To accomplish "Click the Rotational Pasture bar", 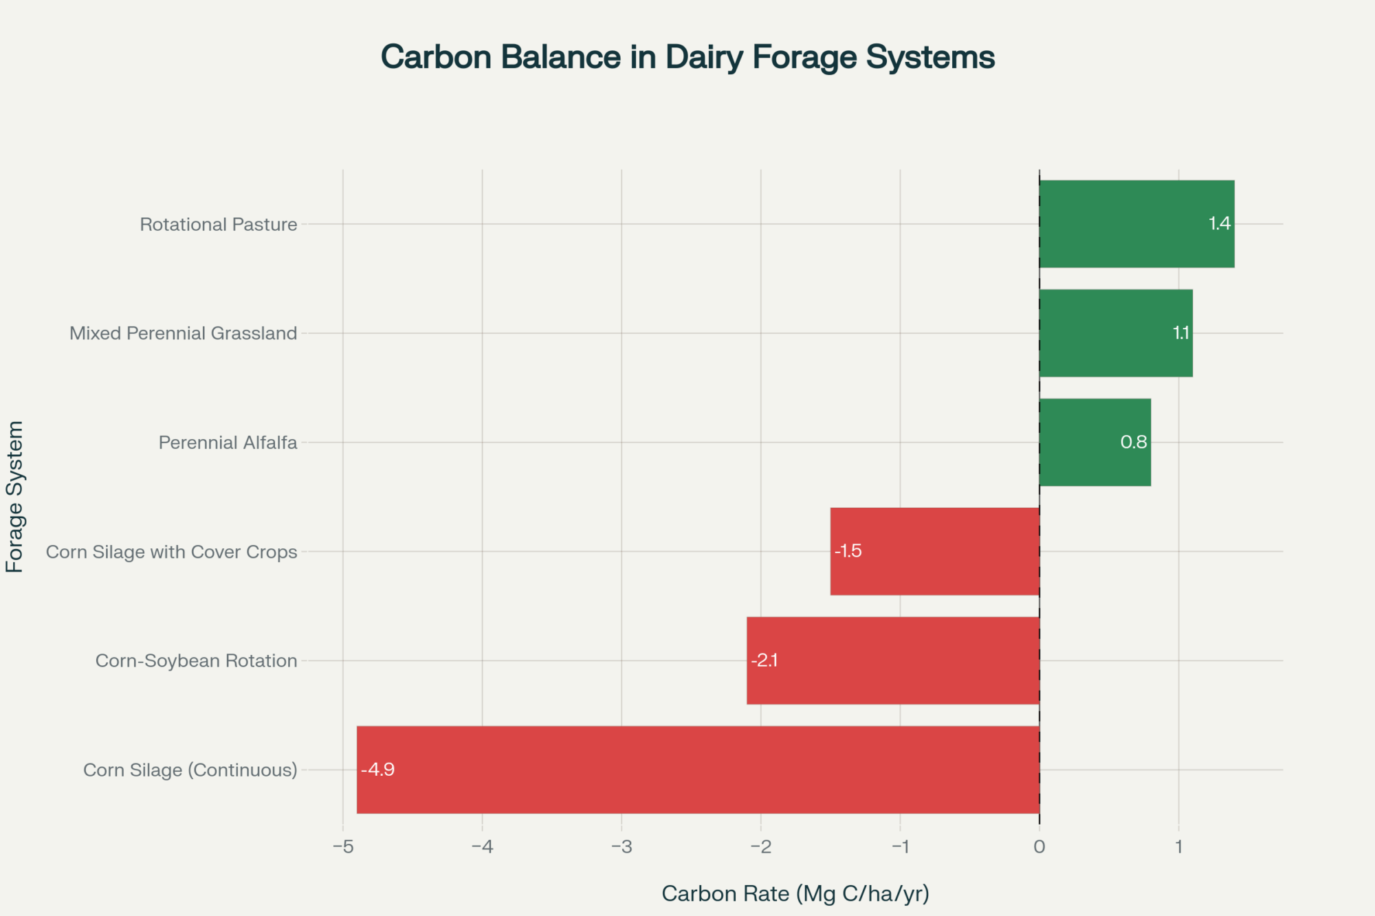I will (x=1136, y=224).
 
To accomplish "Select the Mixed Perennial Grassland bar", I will (x=1115, y=333).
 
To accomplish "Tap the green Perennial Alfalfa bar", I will (x=1094, y=443).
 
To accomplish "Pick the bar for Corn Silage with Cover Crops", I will (x=935, y=551).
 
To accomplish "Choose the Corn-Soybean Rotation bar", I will (x=892, y=660).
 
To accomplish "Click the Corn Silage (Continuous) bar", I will (x=698, y=770).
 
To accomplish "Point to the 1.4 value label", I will (x=1220, y=223).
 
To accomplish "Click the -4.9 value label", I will (x=377, y=769).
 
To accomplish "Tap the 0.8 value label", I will (x=1134, y=442).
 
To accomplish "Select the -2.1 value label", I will (x=764, y=660).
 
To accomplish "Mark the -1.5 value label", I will (x=848, y=551).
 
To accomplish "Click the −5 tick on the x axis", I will (x=342, y=847).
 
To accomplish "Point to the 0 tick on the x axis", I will (x=1039, y=847).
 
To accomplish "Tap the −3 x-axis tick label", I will (x=621, y=847).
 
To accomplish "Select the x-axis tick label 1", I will (x=1178, y=847).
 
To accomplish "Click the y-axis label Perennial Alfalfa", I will (x=228, y=443).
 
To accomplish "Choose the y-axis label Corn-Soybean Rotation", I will (x=196, y=661).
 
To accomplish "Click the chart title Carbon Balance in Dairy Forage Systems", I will (x=687, y=57).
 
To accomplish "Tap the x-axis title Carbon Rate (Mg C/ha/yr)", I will (x=795, y=893).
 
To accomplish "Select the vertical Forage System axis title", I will (x=15, y=496).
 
